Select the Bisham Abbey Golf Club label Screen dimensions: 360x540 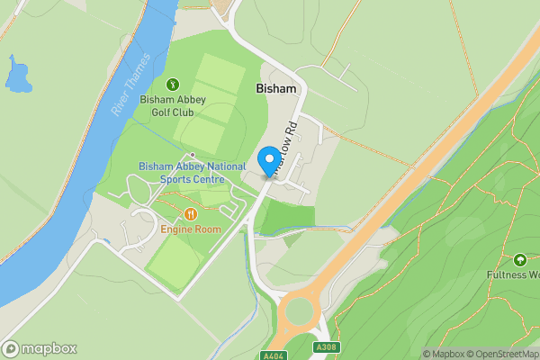[x=172, y=106]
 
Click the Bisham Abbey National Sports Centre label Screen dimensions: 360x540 [x=192, y=173]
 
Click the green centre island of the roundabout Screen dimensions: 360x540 [x=297, y=315]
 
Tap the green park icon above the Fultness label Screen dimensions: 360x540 [x=519, y=259]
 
